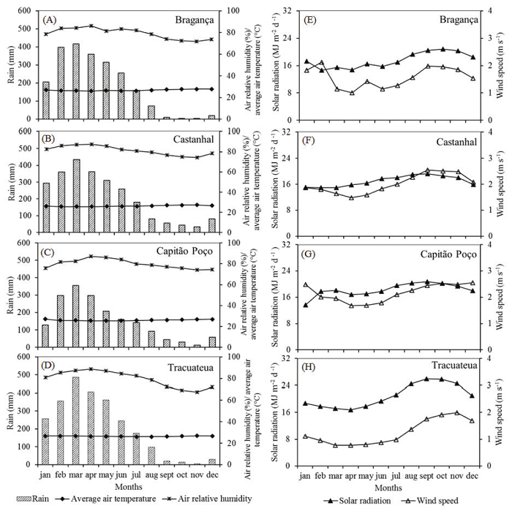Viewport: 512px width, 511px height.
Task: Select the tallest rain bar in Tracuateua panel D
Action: [x=76, y=420]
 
